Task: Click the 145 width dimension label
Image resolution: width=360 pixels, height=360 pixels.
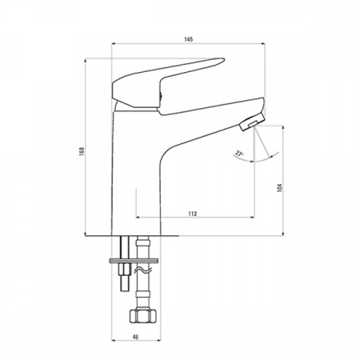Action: tap(188, 39)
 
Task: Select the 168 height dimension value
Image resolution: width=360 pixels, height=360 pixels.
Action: tap(82, 151)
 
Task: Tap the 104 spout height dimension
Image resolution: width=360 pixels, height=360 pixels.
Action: tap(279, 188)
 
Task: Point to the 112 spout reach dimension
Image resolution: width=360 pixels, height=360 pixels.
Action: tap(193, 214)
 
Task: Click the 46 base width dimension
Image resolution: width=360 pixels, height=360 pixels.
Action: tap(135, 337)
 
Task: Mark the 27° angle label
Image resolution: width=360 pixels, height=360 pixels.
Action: tap(239, 154)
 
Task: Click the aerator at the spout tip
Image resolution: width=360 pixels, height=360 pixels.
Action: tap(252, 122)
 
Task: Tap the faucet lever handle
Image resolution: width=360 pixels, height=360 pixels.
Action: tap(168, 83)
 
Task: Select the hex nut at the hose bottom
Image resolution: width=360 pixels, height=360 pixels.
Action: tap(142, 316)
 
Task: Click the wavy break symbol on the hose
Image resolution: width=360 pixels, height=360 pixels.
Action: tap(142, 271)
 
